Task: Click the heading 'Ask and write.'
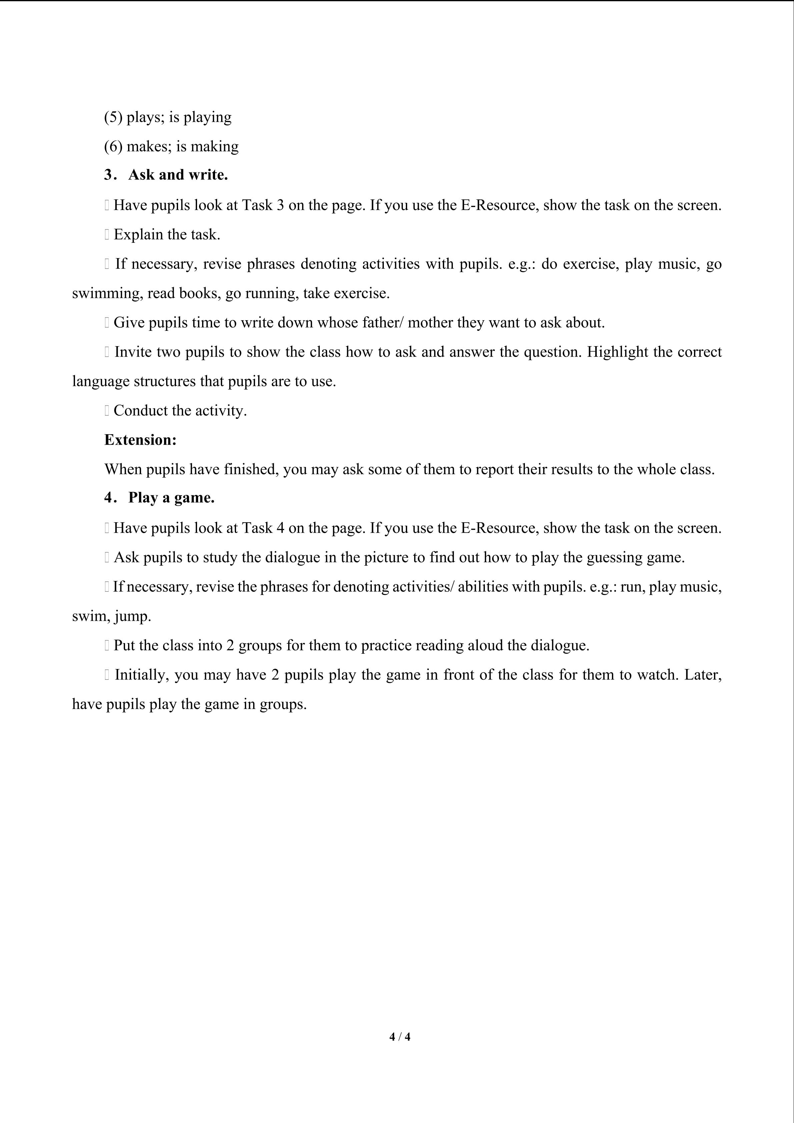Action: [178, 175]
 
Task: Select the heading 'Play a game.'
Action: [171, 498]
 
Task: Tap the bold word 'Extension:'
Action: [140, 440]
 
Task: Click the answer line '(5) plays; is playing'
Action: [168, 117]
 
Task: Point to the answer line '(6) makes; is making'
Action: [171, 146]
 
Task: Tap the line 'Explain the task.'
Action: [167, 234]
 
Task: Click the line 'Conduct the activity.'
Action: [180, 410]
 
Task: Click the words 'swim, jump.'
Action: [111, 616]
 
